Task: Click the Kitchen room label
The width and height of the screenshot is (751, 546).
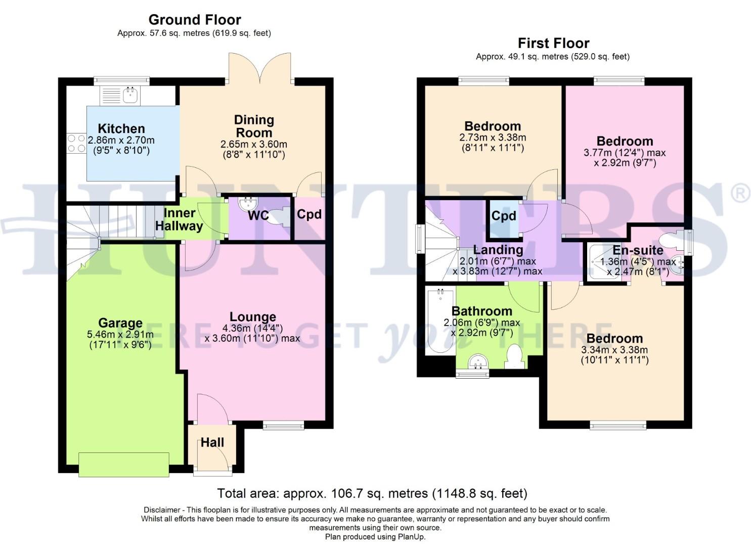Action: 121,128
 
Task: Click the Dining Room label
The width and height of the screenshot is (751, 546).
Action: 254,126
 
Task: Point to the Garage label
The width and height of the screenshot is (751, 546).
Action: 120,323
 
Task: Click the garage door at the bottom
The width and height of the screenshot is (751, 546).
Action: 123,465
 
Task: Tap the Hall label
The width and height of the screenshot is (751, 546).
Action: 212,443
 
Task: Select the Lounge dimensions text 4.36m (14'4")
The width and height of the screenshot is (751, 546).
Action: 253,328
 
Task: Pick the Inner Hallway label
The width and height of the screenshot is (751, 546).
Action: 179,219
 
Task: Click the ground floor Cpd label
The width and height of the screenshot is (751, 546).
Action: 309,214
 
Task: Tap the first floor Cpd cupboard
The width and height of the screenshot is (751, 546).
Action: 504,216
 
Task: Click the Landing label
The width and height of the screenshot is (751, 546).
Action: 498,250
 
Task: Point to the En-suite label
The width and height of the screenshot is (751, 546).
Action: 638,250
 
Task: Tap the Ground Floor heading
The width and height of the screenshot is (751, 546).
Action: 195,20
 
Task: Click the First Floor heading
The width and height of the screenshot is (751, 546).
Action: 553,43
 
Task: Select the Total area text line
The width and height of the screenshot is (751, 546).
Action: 372,493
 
